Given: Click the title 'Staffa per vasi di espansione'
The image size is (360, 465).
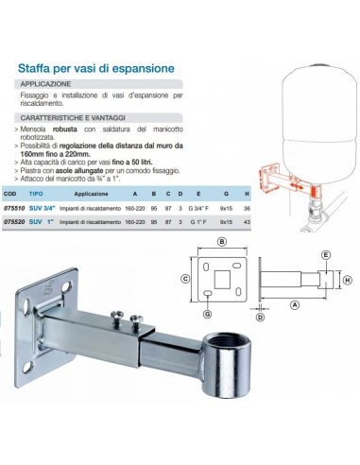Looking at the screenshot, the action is [x=96, y=68].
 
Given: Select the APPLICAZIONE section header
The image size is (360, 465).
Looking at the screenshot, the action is [x=45, y=84].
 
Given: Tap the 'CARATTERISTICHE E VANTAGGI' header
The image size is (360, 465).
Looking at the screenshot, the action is [x=73, y=118].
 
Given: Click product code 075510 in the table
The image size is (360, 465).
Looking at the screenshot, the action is [x=14, y=208].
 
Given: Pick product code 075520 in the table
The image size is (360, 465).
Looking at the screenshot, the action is [x=14, y=222].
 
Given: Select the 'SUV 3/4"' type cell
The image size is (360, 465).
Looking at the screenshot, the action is [x=43, y=208].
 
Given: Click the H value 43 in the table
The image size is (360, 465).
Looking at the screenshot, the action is [x=247, y=222].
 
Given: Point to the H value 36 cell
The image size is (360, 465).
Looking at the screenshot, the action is [x=247, y=208].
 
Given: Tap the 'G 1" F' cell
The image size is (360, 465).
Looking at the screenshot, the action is [x=198, y=222].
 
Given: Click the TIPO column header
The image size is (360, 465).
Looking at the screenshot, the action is [x=36, y=194].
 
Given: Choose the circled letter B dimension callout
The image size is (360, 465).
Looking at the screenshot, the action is [x=222, y=242].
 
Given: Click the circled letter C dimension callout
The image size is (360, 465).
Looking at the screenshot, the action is [x=185, y=279].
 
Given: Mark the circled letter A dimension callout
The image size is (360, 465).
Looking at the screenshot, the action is [x=295, y=305].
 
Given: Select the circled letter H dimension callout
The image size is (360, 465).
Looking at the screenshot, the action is [x=347, y=280].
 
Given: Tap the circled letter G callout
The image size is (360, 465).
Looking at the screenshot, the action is [x=207, y=314].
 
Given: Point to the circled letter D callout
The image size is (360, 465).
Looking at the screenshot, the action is [x=260, y=318].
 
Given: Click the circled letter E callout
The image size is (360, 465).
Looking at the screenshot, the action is [x=326, y=255].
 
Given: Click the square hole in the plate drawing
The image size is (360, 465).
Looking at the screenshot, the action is [x=222, y=280].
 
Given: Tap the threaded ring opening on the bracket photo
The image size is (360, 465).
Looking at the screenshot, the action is [x=226, y=342].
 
